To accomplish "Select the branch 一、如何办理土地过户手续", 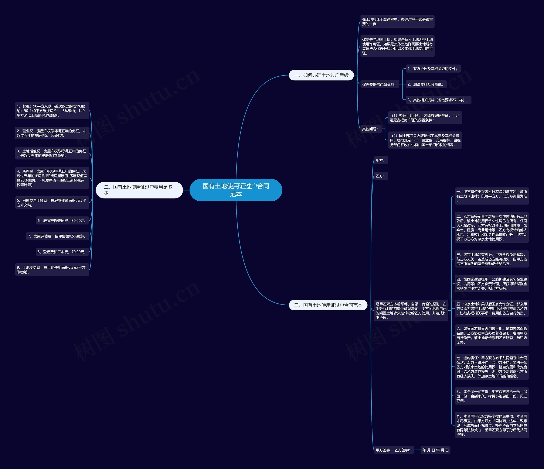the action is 321,75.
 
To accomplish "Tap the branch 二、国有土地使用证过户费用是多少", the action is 139,190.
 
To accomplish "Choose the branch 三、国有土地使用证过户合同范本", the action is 328,305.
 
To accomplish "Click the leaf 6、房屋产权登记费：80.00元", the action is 62,221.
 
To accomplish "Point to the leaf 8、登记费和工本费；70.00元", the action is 62,252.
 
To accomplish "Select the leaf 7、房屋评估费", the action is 58,236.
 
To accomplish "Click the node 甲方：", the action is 380,161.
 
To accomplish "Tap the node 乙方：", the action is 380,176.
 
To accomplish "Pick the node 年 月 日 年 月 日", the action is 435,450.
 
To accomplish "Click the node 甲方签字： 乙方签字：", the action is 393,450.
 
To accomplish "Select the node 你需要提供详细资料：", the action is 379,84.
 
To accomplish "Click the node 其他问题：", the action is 370,129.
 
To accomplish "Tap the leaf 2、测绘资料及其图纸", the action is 426,84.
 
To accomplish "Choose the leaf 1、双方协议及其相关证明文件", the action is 433,69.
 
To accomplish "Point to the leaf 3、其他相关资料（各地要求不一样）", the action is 438,100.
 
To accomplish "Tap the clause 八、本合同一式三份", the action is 491,396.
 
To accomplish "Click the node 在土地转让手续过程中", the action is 397,21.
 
